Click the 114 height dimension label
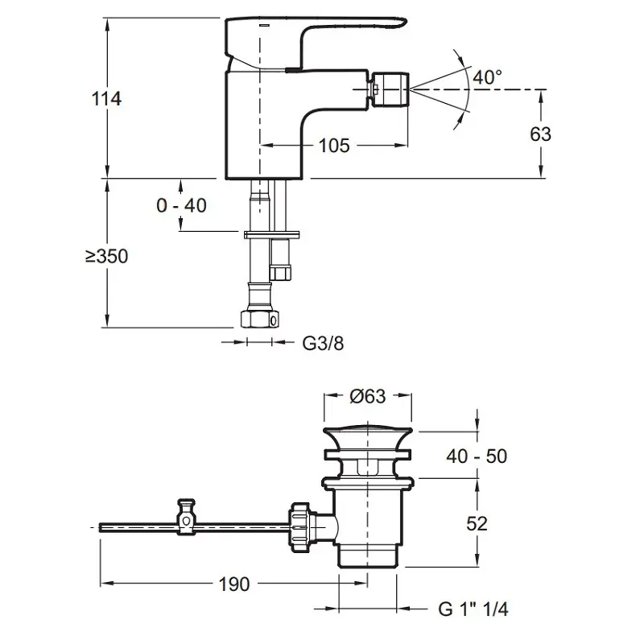pyautogui.click(x=106, y=99)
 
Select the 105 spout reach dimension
pyautogui.click(x=333, y=146)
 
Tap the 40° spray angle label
pyautogui.click(x=487, y=77)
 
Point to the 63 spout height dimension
pyautogui.click(x=541, y=133)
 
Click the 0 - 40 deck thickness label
pyautogui.click(x=181, y=205)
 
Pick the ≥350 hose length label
pyautogui.click(x=106, y=257)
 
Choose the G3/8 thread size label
pyautogui.click(x=323, y=343)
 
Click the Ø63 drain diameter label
pyautogui.click(x=369, y=396)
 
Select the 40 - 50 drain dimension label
pyautogui.click(x=477, y=456)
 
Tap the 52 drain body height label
pyautogui.click(x=477, y=523)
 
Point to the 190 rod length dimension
pyautogui.click(x=233, y=584)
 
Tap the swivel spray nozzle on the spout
pyautogui.click(x=390, y=88)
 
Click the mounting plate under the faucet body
pyautogui.click(x=274, y=234)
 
